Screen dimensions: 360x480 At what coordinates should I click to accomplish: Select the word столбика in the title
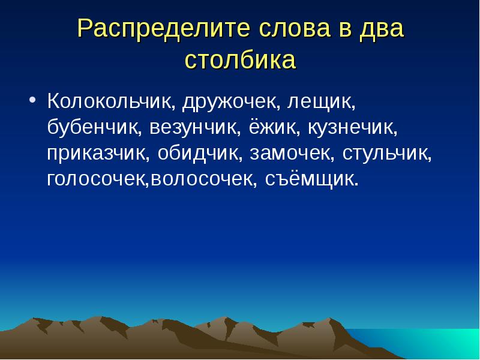pos(240,60)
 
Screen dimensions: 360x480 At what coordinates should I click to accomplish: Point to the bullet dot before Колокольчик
pos(33,99)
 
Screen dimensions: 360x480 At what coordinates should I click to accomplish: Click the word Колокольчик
pos(111,101)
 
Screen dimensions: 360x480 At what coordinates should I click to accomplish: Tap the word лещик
pos(322,101)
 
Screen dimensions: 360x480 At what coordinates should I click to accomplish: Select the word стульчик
pos(387,153)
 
